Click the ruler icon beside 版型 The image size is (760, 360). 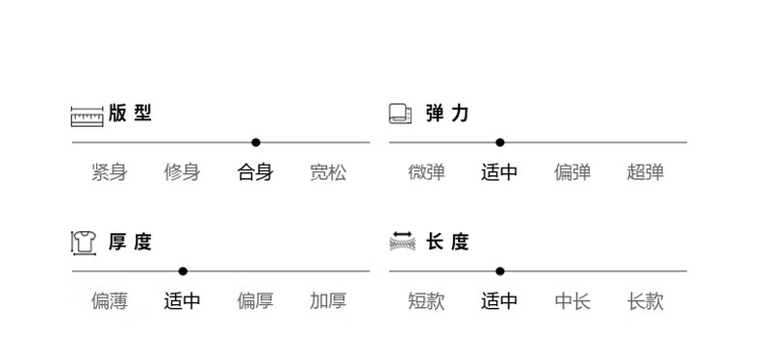click(x=88, y=116)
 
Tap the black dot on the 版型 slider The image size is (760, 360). click(x=256, y=142)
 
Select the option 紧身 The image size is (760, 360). click(x=110, y=172)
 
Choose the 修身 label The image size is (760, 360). click(x=182, y=172)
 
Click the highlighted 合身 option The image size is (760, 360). click(x=256, y=172)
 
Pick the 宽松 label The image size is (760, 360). click(x=328, y=172)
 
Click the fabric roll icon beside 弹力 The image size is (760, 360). click(x=400, y=114)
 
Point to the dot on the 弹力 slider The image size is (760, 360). click(x=500, y=142)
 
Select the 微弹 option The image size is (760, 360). click(x=426, y=172)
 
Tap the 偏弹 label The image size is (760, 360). click(x=572, y=172)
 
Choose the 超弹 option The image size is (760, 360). click(x=646, y=172)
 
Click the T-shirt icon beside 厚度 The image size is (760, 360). click(x=84, y=243)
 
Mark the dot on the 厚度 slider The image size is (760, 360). click(x=183, y=271)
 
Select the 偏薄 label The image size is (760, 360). click(x=110, y=301)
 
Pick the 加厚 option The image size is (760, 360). click(x=328, y=301)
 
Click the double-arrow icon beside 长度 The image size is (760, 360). click(x=402, y=242)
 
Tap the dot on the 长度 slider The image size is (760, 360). click(x=500, y=271)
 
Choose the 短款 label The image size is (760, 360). click(x=426, y=301)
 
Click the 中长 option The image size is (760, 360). click(x=572, y=301)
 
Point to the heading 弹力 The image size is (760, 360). click(x=447, y=114)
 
